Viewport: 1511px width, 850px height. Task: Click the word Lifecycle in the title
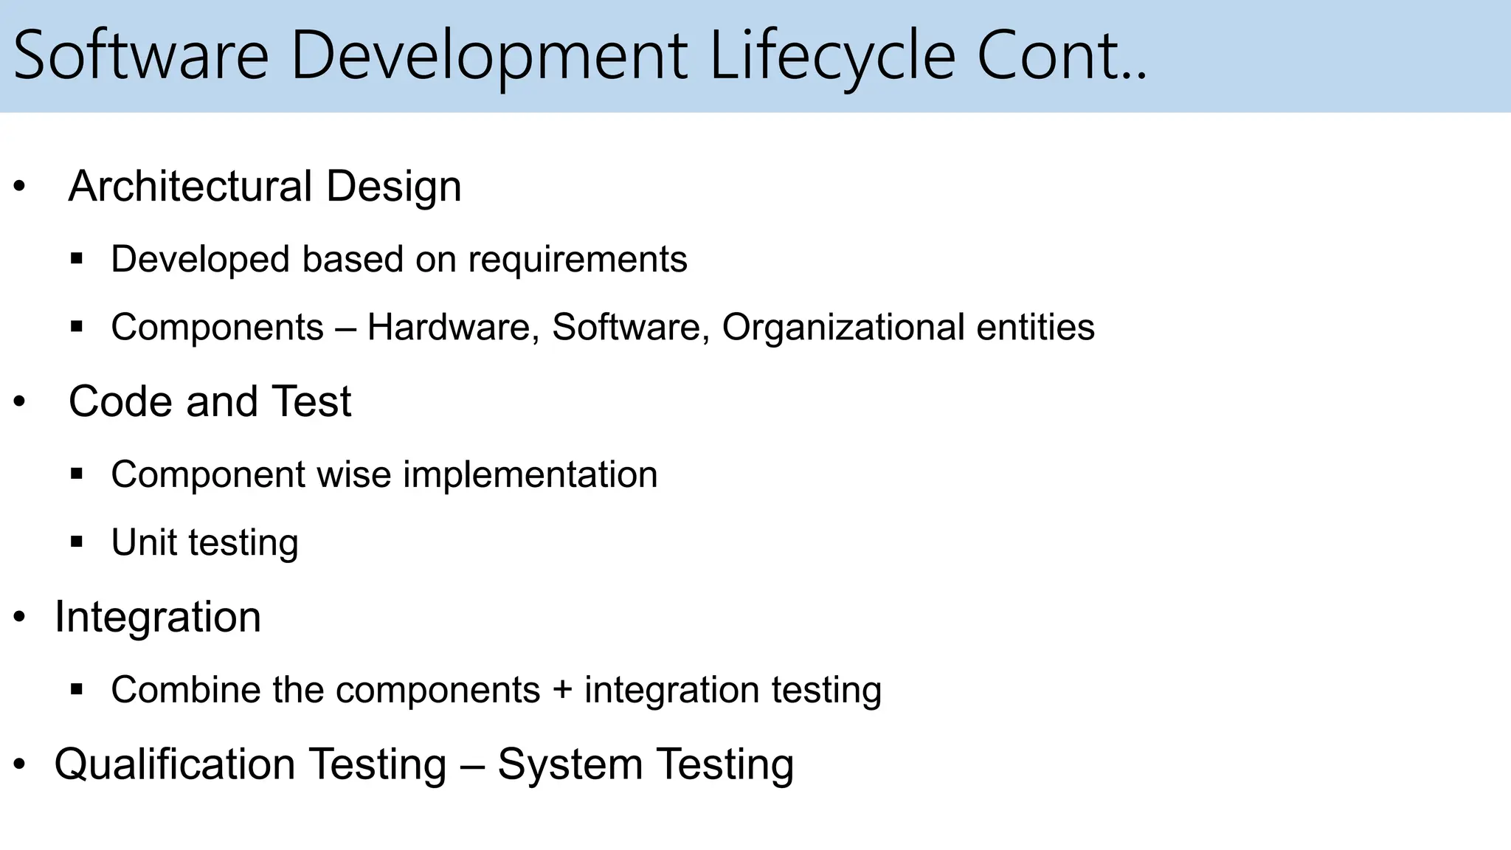pos(832,56)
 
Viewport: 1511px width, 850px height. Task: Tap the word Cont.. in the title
pos(1062,56)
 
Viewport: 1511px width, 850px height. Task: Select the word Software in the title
pos(141,56)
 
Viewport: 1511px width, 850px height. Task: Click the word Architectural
pos(190,186)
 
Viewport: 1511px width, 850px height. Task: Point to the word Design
pos(393,186)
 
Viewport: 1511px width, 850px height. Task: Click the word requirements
pos(577,260)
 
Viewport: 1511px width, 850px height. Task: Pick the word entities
pos(1035,327)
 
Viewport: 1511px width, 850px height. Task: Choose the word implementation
pos(530,474)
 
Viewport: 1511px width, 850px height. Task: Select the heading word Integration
pos(158,617)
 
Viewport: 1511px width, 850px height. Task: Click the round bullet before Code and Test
pos(19,402)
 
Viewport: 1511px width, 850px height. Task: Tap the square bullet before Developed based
pos(77,259)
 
